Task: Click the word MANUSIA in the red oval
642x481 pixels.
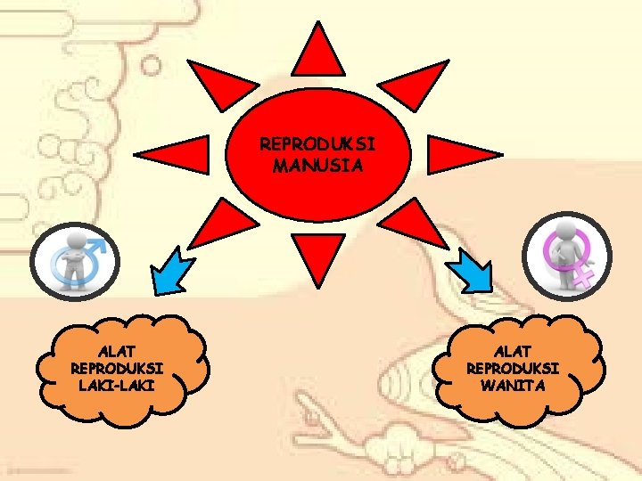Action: (318, 165)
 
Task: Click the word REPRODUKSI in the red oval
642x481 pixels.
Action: (318, 143)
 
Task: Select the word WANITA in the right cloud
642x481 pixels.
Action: (513, 384)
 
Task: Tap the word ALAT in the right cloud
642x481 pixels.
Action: (513, 351)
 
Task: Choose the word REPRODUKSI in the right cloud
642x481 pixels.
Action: (513, 368)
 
